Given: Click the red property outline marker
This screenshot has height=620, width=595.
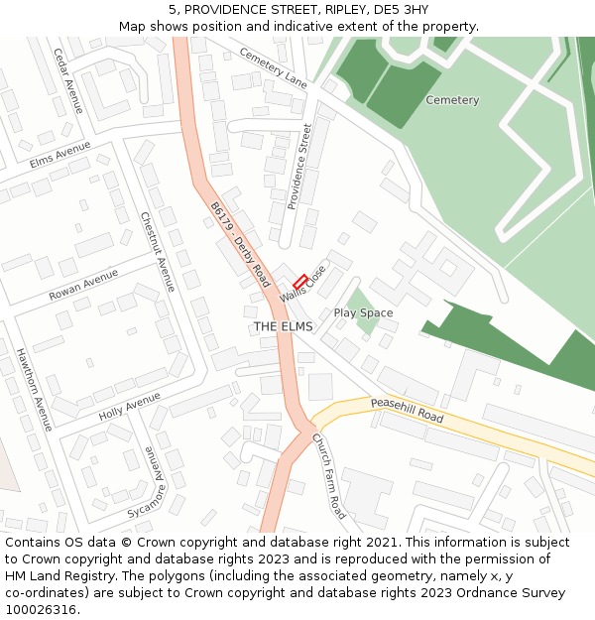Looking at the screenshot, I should (299, 282).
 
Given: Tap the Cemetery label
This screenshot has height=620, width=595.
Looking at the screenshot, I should (452, 100).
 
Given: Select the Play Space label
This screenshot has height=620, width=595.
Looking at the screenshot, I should (363, 312).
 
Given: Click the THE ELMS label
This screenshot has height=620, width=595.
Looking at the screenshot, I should (283, 326).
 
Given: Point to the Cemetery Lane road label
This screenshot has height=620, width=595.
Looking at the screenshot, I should (274, 68).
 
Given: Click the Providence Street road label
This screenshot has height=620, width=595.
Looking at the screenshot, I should (300, 167).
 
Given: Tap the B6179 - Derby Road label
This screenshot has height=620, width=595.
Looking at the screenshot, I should (239, 244).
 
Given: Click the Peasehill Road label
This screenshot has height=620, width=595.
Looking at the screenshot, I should (407, 410).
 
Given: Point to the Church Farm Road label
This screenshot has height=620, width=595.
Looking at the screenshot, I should (329, 475).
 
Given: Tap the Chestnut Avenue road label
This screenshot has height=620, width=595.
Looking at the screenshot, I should (158, 251).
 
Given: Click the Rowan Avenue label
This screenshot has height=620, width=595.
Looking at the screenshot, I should (83, 286).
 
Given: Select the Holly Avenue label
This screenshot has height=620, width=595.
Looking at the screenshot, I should (129, 405).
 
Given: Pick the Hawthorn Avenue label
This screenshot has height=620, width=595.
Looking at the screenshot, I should (33, 389).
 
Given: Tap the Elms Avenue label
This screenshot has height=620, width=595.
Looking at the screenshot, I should (59, 156).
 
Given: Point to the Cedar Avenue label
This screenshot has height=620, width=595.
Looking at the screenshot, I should (68, 80).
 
